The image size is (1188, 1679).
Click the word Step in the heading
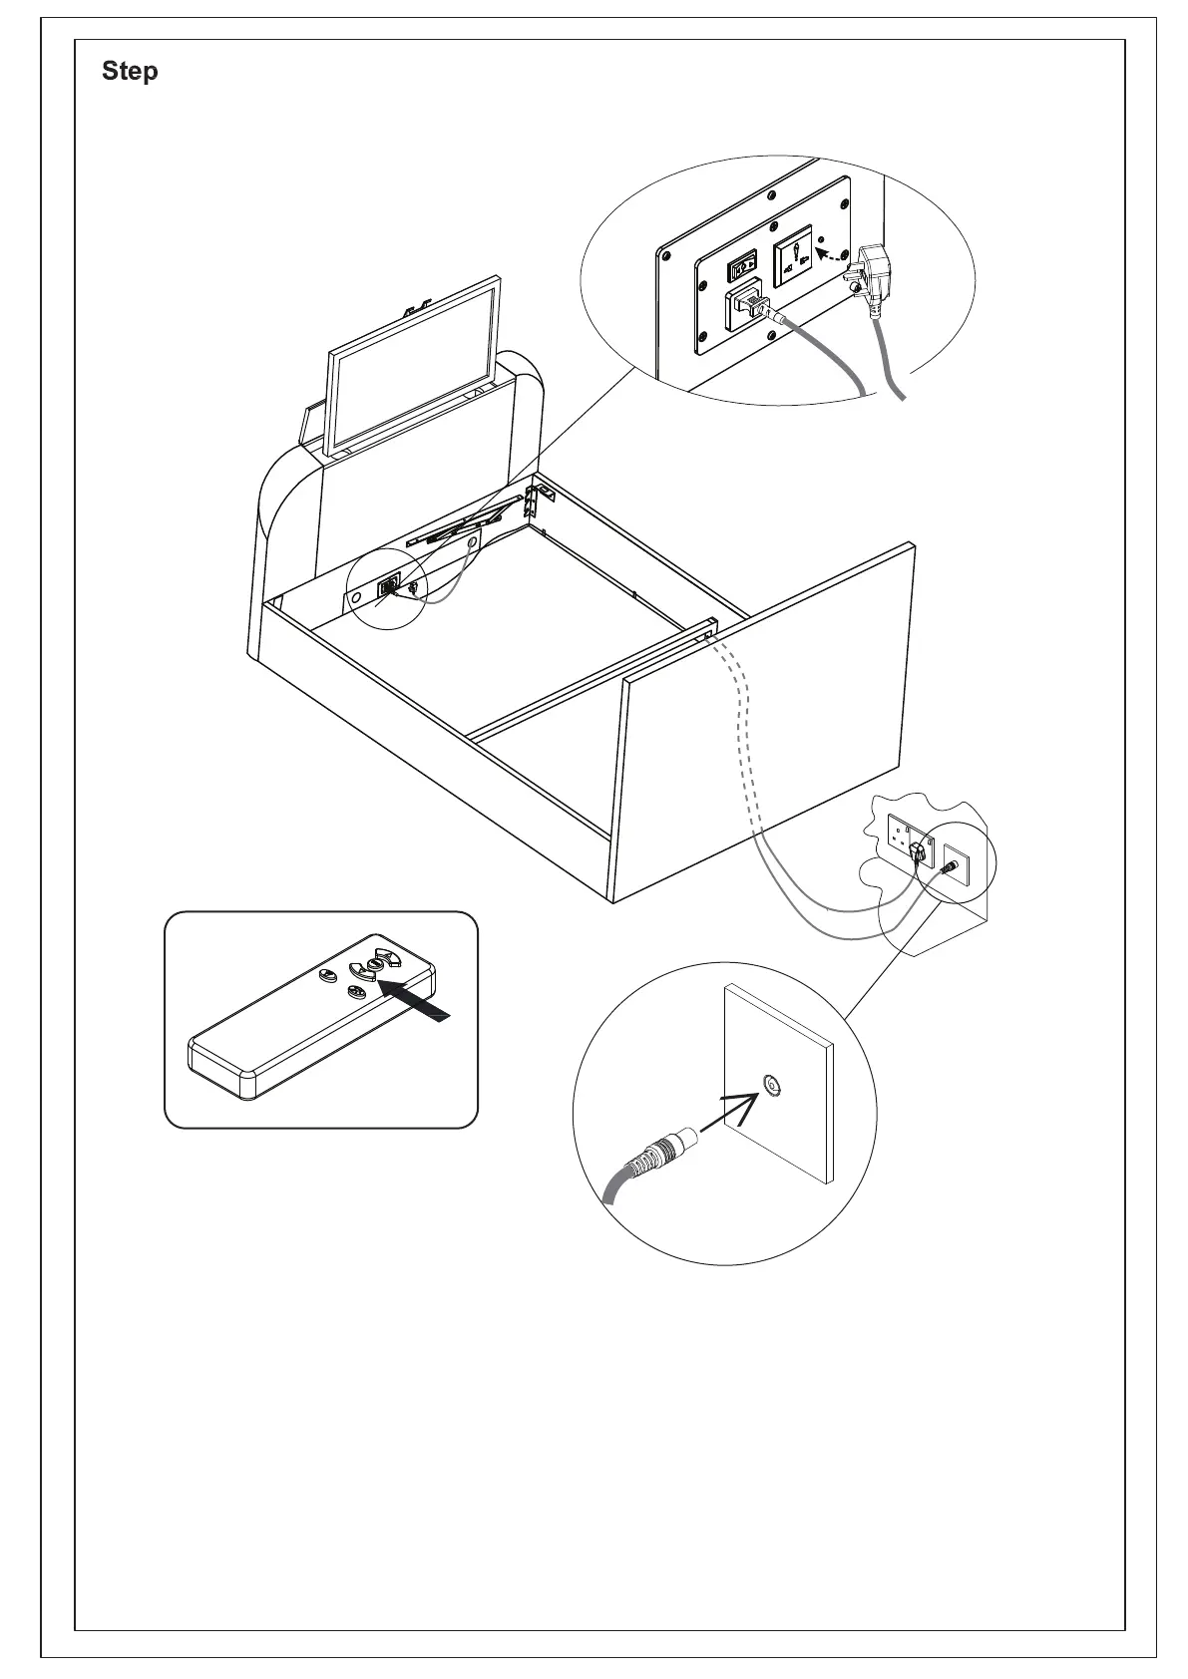tap(130, 72)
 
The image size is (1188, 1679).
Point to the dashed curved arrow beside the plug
tap(831, 257)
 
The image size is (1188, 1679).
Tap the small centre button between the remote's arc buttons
tap(376, 964)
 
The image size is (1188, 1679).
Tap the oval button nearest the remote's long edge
tap(356, 991)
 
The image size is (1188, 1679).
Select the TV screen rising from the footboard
tap(415, 366)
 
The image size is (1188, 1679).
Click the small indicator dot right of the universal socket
tap(821, 240)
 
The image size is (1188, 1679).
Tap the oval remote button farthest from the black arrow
tap(327, 975)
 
